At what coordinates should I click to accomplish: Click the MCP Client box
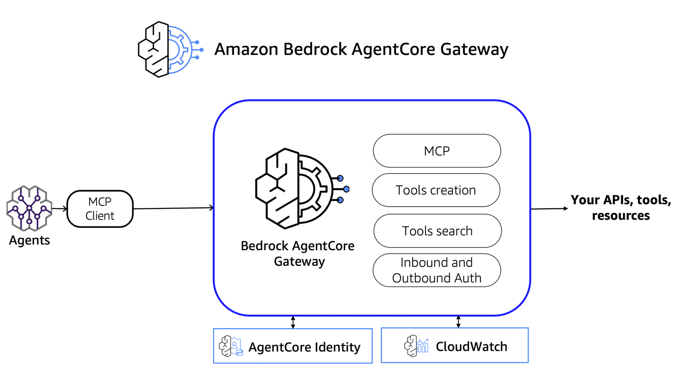[x=100, y=209]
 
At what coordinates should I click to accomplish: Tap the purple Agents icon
[x=29, y=208]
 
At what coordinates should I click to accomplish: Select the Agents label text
[x=30, y=240]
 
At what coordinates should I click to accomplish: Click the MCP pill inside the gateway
[x=437, y=151]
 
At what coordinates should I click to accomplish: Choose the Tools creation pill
[x=436, y=190]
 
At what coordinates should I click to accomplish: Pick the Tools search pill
[x=437, y=231]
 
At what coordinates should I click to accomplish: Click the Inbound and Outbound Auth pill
[x=437, y=270]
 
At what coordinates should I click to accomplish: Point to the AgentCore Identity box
[x=293, y=346]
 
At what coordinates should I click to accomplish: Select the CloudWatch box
[x=454, y=346]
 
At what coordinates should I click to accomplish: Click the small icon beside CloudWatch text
[x=416, y=346]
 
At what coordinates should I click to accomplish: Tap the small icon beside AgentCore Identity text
[x=231, y=346]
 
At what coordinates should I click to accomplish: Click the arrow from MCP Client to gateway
[x=174, y=208]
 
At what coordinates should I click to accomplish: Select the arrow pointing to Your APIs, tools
[x=549, y=209]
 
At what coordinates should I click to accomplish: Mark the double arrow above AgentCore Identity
[x=293, y=322]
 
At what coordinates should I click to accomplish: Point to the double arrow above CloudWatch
[x=458, y=322]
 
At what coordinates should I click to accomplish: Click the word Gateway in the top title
[x=474, y=49]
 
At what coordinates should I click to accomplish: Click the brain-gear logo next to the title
[x=169, y=49]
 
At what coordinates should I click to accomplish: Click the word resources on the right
[x=621, y=216]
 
